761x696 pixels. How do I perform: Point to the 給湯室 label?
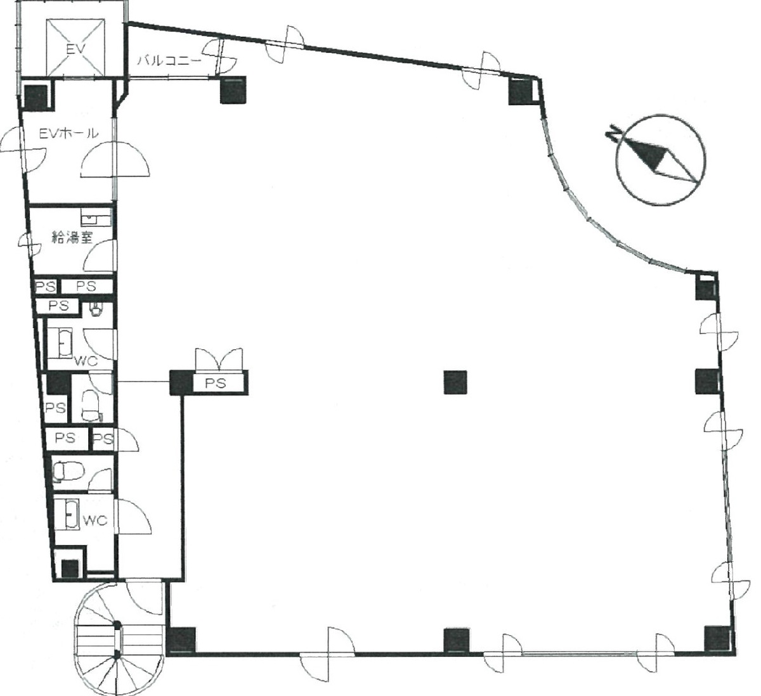coord(72,238)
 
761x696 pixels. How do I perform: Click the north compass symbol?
coord(661,159)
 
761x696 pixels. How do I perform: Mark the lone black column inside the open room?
coord(455,382)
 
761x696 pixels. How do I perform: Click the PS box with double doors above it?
coord(219,383)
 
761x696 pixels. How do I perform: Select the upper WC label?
coord(85,361)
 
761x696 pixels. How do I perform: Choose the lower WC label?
coord(95,521)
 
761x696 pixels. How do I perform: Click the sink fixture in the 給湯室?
coord(98,220)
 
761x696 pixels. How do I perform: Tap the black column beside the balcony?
coord(232,91)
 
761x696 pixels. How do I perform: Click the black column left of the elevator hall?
coord(36,95)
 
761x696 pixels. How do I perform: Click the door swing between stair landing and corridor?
coord(143,599)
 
